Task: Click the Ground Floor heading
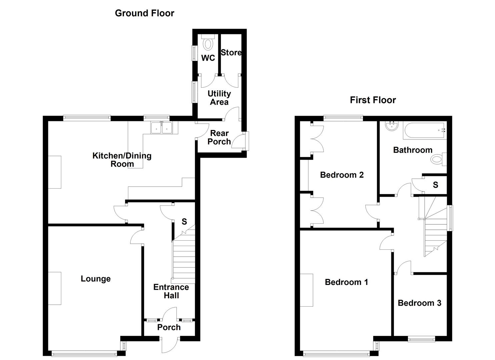click(144, 13)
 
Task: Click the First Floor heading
click(373, 100)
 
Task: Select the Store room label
click(231, 53)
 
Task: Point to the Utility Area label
click(219, 98)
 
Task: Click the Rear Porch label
click(219, 137)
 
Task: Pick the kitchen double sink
click(162, 128)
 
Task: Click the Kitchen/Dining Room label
click(122, 160)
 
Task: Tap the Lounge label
click(96, 279)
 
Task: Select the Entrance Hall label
click(171, 291)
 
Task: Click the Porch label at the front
click(169, 327)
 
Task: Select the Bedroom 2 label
click(342, 175)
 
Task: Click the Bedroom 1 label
click(346, 282)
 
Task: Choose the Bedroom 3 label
click(419, 303)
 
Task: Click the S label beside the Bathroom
click(435, 185)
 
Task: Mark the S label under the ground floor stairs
click(184, 221)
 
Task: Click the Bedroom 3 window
click(421, 339)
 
